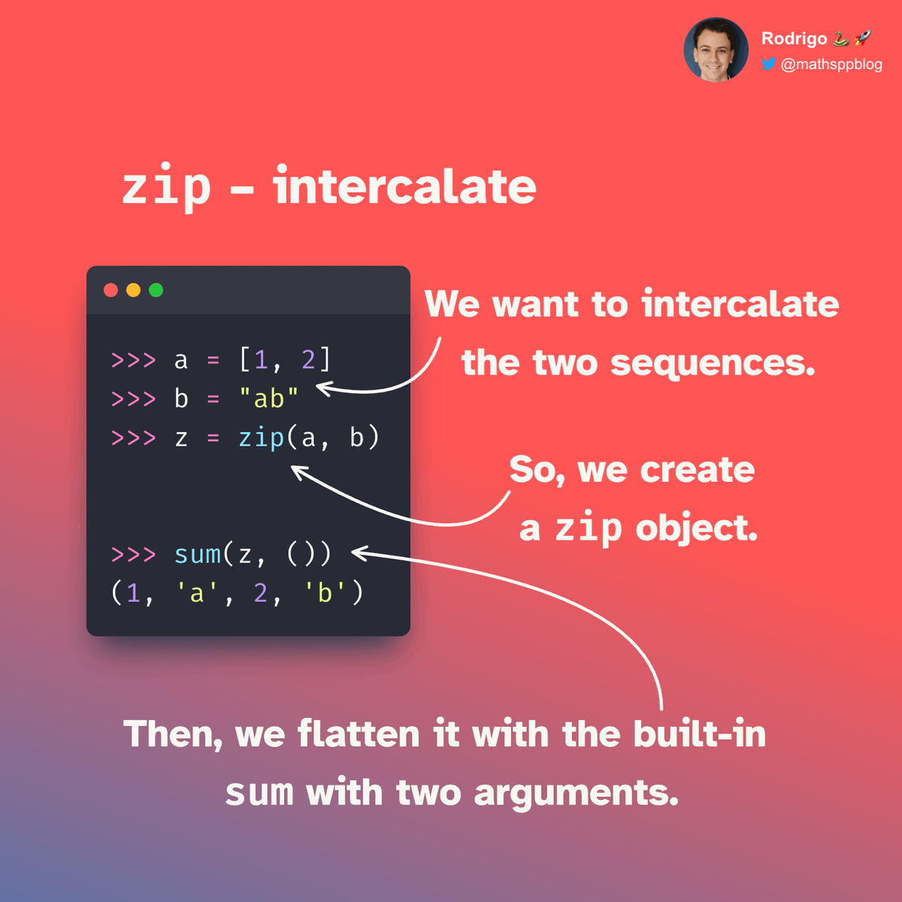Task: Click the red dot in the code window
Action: tap(110, 290)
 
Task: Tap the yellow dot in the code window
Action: tap(133, 290)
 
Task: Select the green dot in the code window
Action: tap(156, 290)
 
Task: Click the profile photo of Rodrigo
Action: tap(716, 50)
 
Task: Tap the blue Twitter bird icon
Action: tap(768, 64)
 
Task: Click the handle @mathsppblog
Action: tap(831, 65)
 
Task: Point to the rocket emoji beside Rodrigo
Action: tap(863, 38)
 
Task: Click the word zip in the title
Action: tap(166, 187)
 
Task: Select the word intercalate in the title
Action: tap(404, 187)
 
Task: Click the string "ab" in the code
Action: tap(268, 398)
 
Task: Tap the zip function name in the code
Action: tap(261, 437)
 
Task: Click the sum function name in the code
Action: tap(198, 554)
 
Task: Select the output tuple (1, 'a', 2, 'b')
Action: tap(237, 593)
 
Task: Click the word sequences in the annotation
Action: tap(713, 363)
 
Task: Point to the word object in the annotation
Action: tap(696, 528)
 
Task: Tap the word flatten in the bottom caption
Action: tap(359, 734)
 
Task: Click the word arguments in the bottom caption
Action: tap(577, 793)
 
